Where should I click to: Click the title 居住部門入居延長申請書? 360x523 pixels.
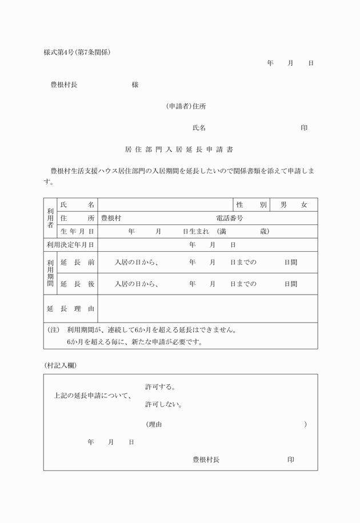pos(178,150)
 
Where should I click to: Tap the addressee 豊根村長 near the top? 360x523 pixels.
pos(64,85)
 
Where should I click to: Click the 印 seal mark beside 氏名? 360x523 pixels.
pos(304,128)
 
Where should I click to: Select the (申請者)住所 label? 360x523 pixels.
pos(186,106)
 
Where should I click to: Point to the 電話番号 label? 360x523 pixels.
pos(230,218)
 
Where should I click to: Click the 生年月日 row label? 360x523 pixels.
pos(77,231)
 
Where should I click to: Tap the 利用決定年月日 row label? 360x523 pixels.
pos(70,245)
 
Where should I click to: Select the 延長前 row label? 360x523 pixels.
pos(77,263)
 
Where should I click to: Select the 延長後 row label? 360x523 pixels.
pos(77,284)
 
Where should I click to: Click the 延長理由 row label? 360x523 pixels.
pos(70,309)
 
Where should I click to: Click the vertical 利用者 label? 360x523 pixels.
pos(50,218)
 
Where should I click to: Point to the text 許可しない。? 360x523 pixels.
pos(163,405)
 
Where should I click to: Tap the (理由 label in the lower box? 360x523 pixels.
pos(154,424)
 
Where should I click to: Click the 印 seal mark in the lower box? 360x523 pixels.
pos(291,460)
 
